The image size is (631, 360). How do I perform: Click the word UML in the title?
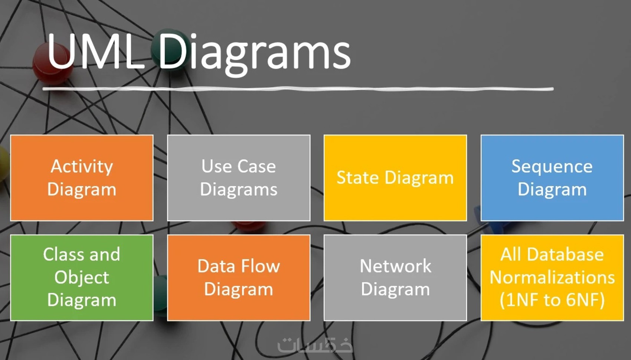[x=95, y=51]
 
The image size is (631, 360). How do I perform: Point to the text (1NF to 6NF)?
[x=552, y=300]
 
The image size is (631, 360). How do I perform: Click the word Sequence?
[x=552, y=166]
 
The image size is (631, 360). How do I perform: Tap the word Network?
[x=395, y=266]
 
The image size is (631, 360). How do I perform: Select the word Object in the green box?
[x=82, y=277]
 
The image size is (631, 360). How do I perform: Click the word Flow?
[x=260, y=266]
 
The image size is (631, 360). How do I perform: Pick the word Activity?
[x=82, y=166]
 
